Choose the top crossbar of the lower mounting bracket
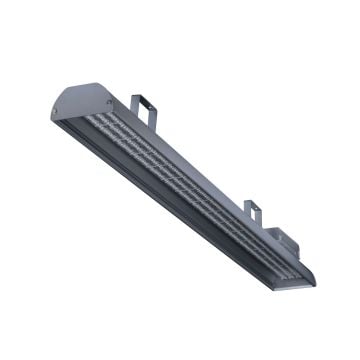click(x=252, y=204)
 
